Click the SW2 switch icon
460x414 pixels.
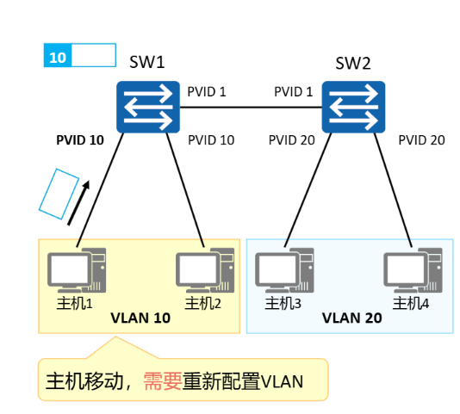pos(353,107)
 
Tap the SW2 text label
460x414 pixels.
pos(353,61)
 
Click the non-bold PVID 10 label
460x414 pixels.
pos(211,139)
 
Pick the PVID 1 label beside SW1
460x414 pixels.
pos(207,91)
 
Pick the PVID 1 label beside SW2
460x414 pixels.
pos(293,91)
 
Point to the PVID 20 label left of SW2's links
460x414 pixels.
pos(292,139)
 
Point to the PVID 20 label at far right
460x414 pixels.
pos(421,139)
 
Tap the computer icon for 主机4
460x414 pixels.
pos(413,271)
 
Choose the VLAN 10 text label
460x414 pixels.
pos(140,318)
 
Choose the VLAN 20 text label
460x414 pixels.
pos(351,318)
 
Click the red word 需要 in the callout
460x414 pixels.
pos(162,380)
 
